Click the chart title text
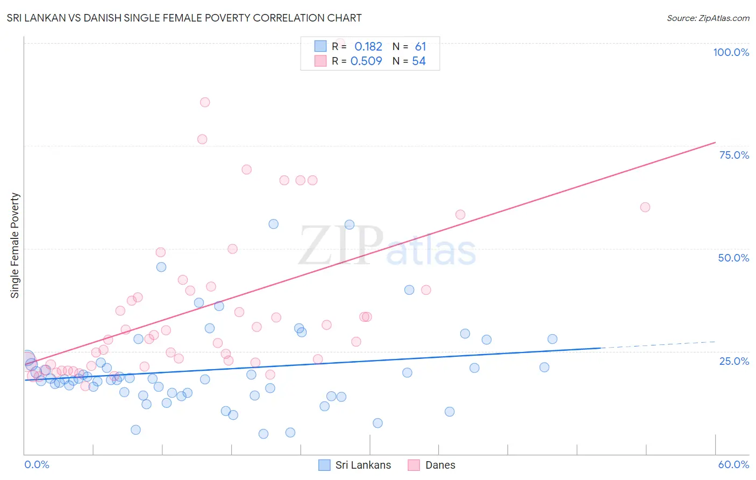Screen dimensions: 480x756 tap(184, 18)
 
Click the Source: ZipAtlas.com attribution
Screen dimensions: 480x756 tap(708, 18)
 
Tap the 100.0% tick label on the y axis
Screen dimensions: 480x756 tap(731, 52)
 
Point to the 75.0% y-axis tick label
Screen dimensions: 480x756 tap(734, 155)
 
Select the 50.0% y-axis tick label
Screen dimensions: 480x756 tap(733, 258)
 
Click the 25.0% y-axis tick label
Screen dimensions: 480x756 tap(734, 361)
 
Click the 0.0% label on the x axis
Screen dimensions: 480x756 tap(37, 464)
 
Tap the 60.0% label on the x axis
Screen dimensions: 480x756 tap(733, 464)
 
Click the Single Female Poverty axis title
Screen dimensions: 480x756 tap(15, 245)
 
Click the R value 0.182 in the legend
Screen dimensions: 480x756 tap(368, 47)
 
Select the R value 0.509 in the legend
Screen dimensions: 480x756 tap(366, 61)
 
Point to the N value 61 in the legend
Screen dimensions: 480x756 tap(420, 47)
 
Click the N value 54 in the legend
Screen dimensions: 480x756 tap(419, 61)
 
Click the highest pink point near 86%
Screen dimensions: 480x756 tap(205, 102)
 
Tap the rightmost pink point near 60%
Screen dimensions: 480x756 tap(645, 207)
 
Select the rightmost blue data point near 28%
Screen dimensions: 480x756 tap(552, 339)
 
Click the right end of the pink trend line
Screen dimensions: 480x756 tap(715, 143)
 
